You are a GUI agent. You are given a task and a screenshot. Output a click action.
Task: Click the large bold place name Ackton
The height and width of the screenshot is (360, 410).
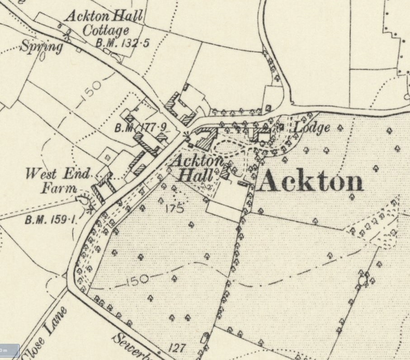tap(312, 182)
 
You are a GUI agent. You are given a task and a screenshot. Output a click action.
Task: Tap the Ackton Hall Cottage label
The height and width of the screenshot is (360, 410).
tap(104, 24)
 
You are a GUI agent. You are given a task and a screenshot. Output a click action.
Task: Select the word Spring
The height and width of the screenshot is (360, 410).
tap(41, 47)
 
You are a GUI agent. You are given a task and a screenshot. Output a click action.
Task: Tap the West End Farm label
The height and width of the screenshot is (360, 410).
tap(58, 181)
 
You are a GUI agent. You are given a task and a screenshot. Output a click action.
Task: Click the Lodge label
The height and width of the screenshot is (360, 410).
tap(311, 128)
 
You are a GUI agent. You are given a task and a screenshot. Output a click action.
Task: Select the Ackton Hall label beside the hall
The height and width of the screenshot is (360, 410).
tap(198, 168)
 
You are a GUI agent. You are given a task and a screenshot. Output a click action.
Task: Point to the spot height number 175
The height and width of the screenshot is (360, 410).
tap(174, 208)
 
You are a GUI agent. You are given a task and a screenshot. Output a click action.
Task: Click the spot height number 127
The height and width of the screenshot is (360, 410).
tap(177, 348)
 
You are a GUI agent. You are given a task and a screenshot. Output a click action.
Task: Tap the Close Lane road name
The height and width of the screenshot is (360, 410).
tap(44, 333)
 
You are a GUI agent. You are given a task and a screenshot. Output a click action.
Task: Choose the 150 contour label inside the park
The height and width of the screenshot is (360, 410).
tap(137, 280)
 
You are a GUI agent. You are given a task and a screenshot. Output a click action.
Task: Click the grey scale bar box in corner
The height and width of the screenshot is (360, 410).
tap(9, 351)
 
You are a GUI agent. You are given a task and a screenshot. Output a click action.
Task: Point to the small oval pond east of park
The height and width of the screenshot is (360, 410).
tap(362, 281)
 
